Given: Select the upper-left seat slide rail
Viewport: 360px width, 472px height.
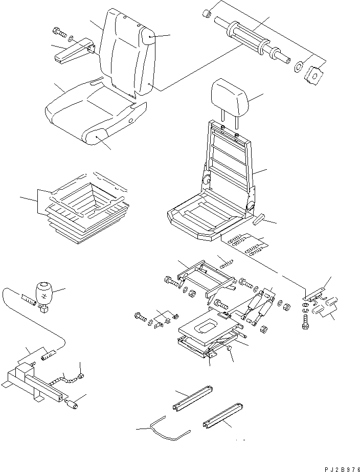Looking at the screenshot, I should (x=193, y=397).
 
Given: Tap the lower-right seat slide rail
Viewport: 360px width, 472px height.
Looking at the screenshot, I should (x=223, y=417).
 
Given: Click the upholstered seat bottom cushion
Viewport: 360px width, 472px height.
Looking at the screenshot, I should (x=95, y=115).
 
